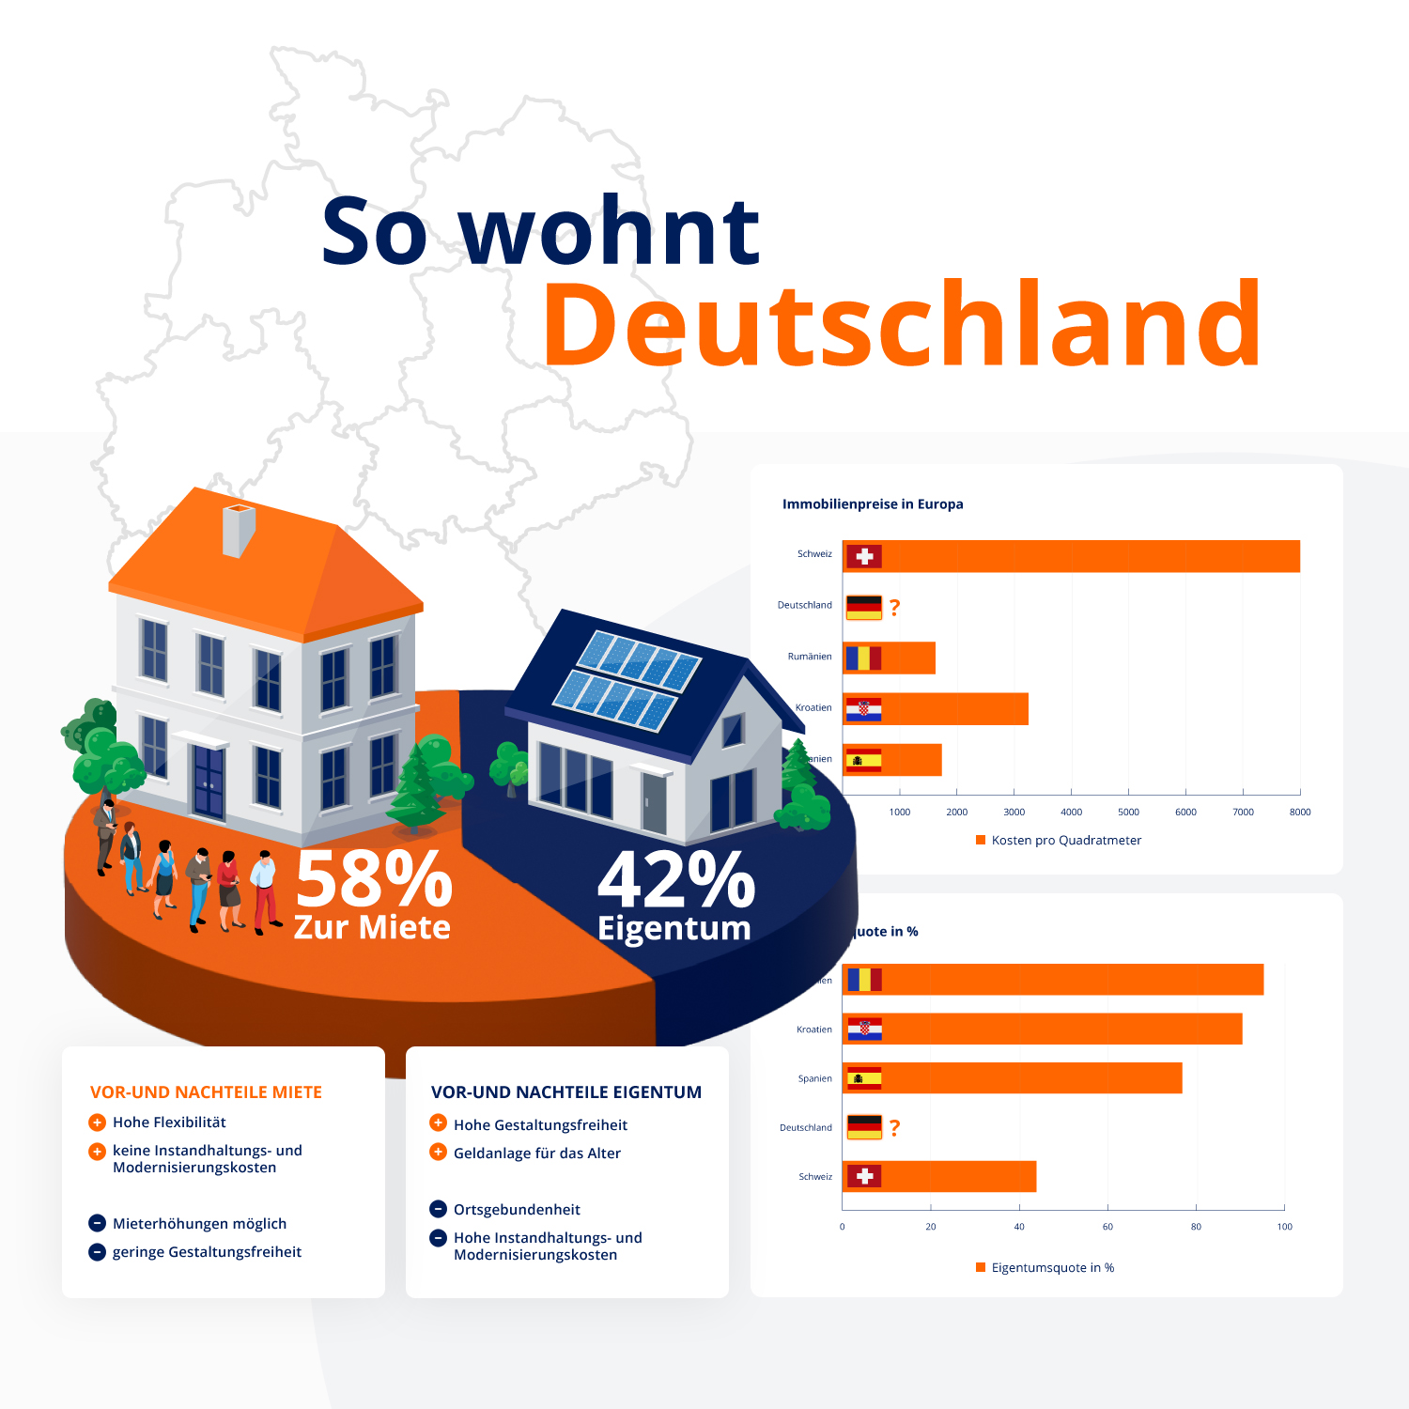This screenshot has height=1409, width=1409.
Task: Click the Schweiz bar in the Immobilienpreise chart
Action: coord(1071,556)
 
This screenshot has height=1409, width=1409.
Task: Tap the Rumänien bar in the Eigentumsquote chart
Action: coord(1052,980)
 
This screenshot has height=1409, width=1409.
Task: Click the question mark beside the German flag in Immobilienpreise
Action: coord(894,608)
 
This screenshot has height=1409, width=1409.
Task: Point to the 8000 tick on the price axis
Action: coord(1300,813)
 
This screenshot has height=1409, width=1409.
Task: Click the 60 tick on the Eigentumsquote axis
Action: coord(1107,1227)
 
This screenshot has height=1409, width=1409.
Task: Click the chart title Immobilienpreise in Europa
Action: coord(873,504)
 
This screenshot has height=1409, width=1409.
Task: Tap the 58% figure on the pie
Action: coord(374,878)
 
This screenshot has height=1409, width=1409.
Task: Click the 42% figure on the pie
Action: coord(676,880)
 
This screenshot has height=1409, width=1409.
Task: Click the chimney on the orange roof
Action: coord(238,530)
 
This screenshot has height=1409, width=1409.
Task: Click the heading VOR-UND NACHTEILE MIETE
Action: coord(206,1092)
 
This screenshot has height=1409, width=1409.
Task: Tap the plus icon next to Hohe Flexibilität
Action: coord(97,1123)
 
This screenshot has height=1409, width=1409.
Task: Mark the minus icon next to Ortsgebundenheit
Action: coord(438,1209)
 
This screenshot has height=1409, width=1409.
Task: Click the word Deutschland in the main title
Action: coord(902,325)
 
